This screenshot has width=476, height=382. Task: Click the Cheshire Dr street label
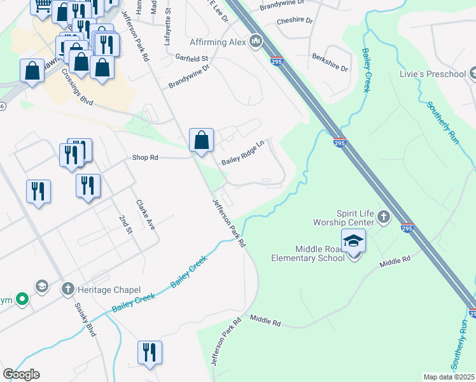point(295,21)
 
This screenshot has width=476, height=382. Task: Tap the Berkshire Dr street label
point(330,63)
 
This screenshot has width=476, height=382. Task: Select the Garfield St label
point(192,59)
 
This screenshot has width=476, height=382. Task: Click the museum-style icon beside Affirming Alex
point(256,42)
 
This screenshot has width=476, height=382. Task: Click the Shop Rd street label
point(144,157)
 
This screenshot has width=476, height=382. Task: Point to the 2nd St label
point(125,225)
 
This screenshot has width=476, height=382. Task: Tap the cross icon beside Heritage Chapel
point(67,289)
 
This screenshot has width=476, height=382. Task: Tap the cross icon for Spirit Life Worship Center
point(384,218)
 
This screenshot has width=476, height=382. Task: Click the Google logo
point(21,374)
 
